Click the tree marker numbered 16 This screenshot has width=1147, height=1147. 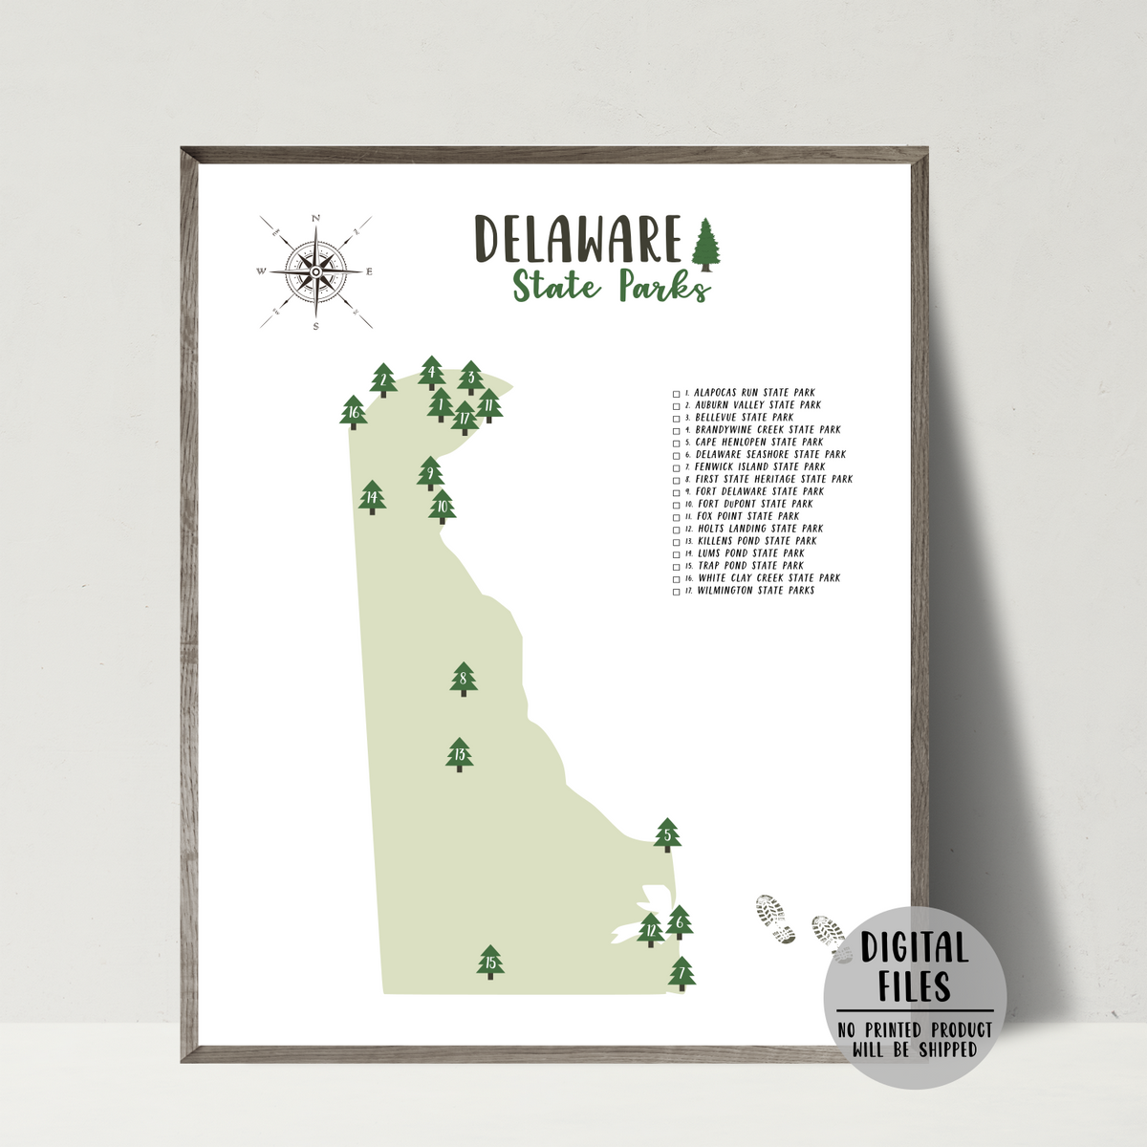pyautogui.click(x=354, y=413)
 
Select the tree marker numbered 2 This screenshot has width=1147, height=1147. pyautogui.click(x=383, y=380)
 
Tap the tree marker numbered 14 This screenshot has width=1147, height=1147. pyautogui.click(x=372, y=497)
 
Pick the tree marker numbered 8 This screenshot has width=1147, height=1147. pyautogui.click(x=464, y=680)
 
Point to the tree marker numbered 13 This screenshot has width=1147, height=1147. pyautogui.click(x=460, y=754)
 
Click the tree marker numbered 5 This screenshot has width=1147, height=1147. pyautogui.click(x=667, y=835)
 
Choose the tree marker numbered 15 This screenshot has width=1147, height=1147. pyautogui.click(x=490, y=963)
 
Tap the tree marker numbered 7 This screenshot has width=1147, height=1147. pyautogui.click(x=682, y=974)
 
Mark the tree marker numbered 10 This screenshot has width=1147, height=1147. pyautogui.click(x=442, y=507)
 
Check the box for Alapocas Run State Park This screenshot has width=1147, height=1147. pyautogui.click(x=677, y=393)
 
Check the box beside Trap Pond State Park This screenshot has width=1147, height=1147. pyautogui.click(x=677, y=566)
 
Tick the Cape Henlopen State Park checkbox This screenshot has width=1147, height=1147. pyautogui.click(x=677, y=443)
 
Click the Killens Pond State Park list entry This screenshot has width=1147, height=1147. pyautogui.click(x=756, y=541)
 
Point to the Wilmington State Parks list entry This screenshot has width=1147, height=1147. pyautogui.click(x=755, y=591)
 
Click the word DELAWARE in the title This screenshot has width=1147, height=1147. pyautogui.click(x=577, y=239)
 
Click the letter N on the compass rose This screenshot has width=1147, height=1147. pyautogui.click(x=315, y=219)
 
